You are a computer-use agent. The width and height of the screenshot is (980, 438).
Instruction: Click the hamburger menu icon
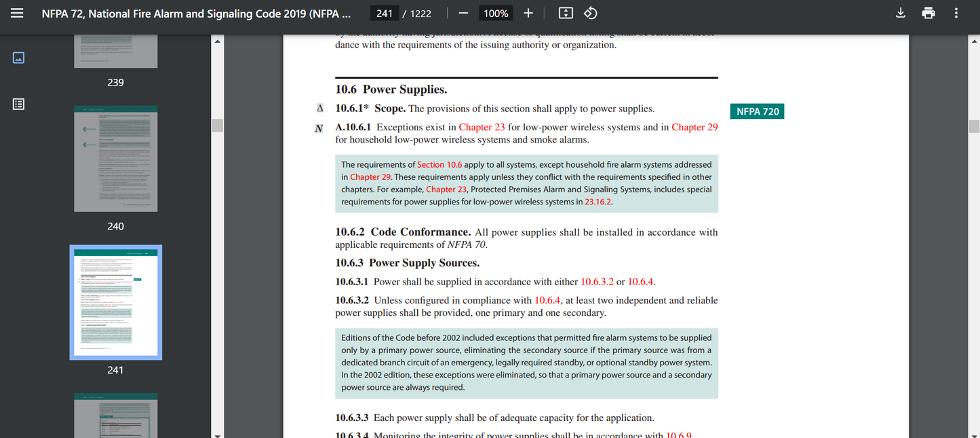pyautogui.click(x=18, y=14)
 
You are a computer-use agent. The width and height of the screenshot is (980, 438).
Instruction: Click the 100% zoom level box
pyautogui.click(x=496, y=14)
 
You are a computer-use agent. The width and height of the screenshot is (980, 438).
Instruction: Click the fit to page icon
pyautogui.click(x=566, y=14)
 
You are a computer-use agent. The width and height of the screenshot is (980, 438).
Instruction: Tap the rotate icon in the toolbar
pyautogui.click(x=590, y=14)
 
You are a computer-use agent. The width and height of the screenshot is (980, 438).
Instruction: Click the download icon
pyautogui.click(x=901, y=14)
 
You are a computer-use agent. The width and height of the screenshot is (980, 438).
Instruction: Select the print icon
pyautogui.click(x=928, y=14)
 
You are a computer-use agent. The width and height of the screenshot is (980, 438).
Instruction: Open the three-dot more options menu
pyautogui.click(x=956, y=14)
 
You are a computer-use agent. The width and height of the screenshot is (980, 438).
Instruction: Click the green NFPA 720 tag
pyautogui.click(x=757, y=111)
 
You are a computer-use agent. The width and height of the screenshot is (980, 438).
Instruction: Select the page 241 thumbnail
pyautogui.click(x=116, y=302)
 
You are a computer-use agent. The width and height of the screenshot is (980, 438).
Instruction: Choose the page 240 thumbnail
pyautogui.click(x=116, y=158)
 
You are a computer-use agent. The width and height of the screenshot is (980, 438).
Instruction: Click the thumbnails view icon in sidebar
pyautogui.click(x=18, y=58)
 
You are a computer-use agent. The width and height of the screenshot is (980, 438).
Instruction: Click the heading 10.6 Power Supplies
pyautogui.click(x=391, y=90)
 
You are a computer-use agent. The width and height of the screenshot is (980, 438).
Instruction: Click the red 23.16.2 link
pyautogui.click(x=598, y=202)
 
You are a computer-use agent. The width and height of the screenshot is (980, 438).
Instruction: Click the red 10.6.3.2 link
pyautogui.click(x=597, y=282)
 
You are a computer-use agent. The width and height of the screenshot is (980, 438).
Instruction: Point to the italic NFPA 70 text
pyautogui.click(x=466, y=244)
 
